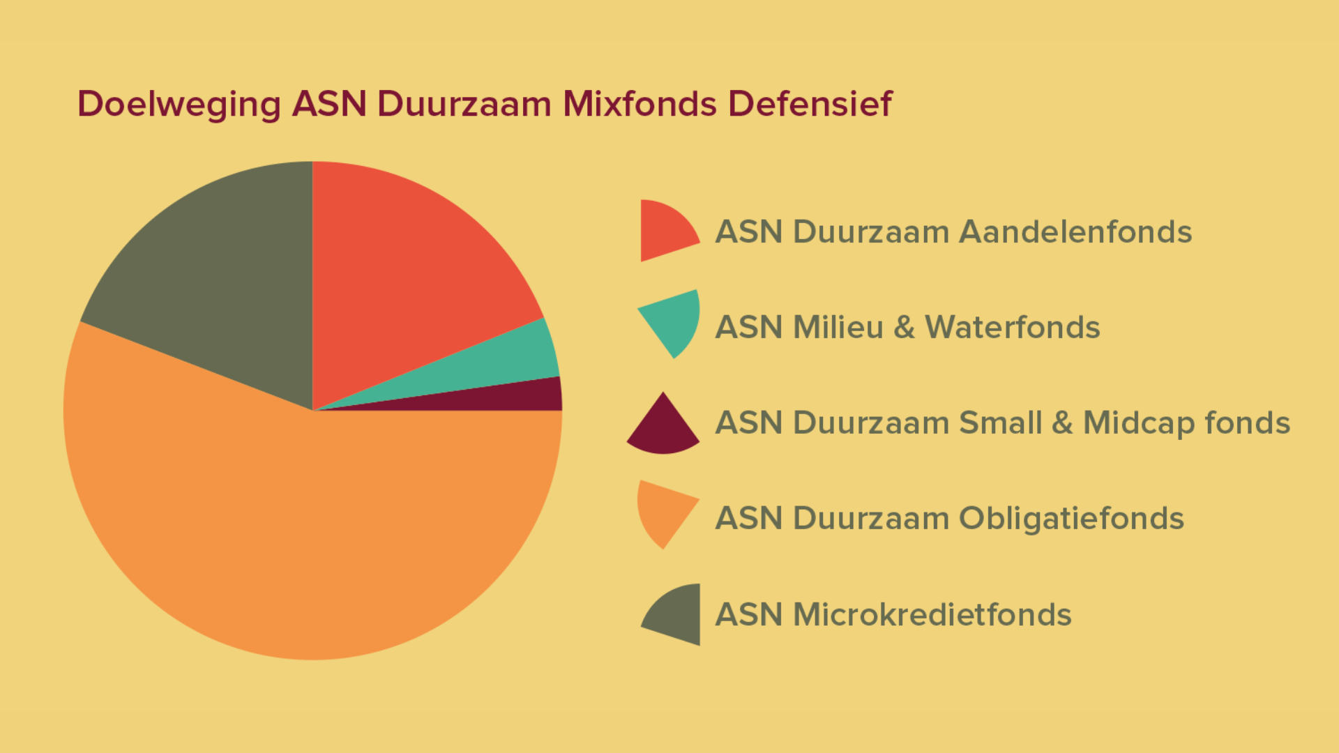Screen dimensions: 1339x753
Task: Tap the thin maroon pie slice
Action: click(x=530, y=399)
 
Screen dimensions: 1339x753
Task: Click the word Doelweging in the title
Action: click(x=179, y=105)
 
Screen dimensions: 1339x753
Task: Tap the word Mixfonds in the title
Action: click(x=640, y=104)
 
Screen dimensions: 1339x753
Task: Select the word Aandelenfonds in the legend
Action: click(x=1075, y=231)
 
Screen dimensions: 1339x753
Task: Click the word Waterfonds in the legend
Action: click(x=1013, y=327)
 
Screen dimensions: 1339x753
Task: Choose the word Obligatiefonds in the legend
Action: click(x=1071, y=519)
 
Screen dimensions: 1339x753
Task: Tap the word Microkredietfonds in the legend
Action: click(x=932, y=614)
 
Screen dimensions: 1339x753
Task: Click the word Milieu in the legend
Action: click(x=838, y=327)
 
